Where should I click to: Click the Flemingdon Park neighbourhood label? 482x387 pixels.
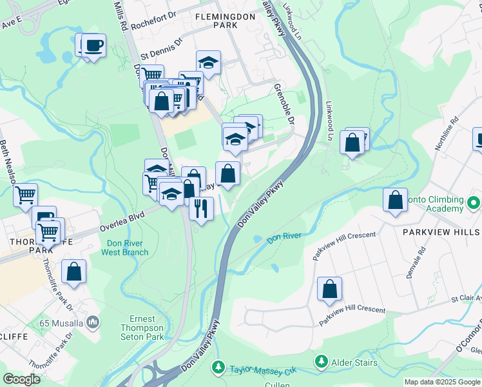[217, 18]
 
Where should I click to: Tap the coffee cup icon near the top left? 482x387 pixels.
[94, 45]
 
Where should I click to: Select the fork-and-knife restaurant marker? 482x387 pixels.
[201, 208]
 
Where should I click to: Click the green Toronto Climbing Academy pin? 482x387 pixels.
[474, 204]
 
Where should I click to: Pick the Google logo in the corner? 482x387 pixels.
[21, 379]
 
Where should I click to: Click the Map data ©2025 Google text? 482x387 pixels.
[442, 382]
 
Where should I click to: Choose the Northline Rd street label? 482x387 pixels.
[445, 134]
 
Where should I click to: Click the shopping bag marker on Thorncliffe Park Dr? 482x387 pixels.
[74, 272]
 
